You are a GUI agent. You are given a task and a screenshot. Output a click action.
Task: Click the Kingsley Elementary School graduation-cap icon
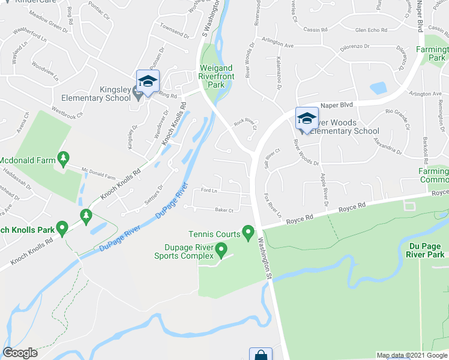[x=148, y=80]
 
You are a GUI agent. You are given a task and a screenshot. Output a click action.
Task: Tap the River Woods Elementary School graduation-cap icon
[x=306, y=118]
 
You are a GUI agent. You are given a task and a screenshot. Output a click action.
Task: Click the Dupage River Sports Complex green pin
[x=221, y=248]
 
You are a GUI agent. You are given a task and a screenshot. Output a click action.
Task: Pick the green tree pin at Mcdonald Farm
[x=63, y=158]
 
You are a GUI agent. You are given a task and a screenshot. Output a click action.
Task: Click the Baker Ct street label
[x=223, y=210]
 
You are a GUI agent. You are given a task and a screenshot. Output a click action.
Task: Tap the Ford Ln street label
[x=208, y=191]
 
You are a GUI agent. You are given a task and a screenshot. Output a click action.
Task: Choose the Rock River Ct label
[x=245, y=124]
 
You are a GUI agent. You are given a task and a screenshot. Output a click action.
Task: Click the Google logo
[x=20, y=353]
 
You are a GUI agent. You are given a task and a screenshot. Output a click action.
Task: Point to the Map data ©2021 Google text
[x=411, y=355]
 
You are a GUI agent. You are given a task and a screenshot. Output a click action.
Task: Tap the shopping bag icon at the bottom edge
[x=261, y=355]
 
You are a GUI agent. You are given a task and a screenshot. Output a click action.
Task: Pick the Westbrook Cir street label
[x=67, y=111]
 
